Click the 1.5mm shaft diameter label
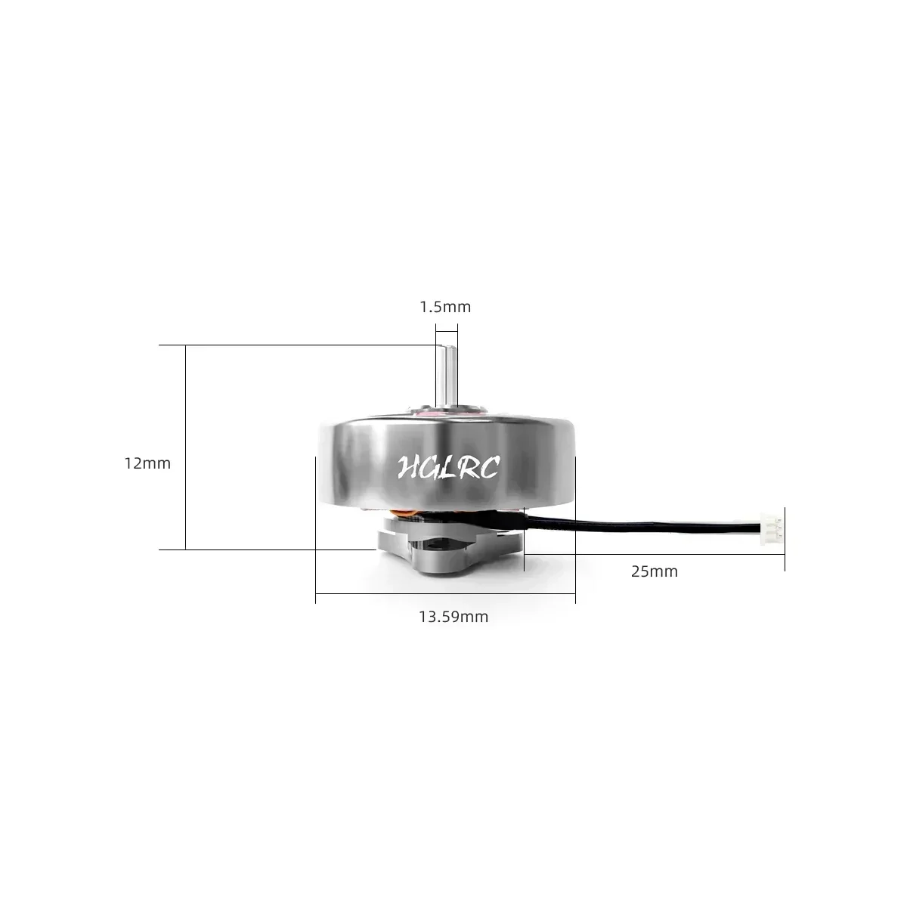[445, 307]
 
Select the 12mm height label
[147, 463]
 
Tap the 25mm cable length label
[654, 571]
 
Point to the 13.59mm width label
[453, 617]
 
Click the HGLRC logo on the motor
[447, 467]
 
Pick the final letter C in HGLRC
[488, 469]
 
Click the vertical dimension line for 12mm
[185, 446]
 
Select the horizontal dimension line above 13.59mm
[445, 594]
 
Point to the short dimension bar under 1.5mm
[446, 329]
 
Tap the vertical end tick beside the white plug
[785, 538]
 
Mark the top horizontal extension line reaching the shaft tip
[302, 345]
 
